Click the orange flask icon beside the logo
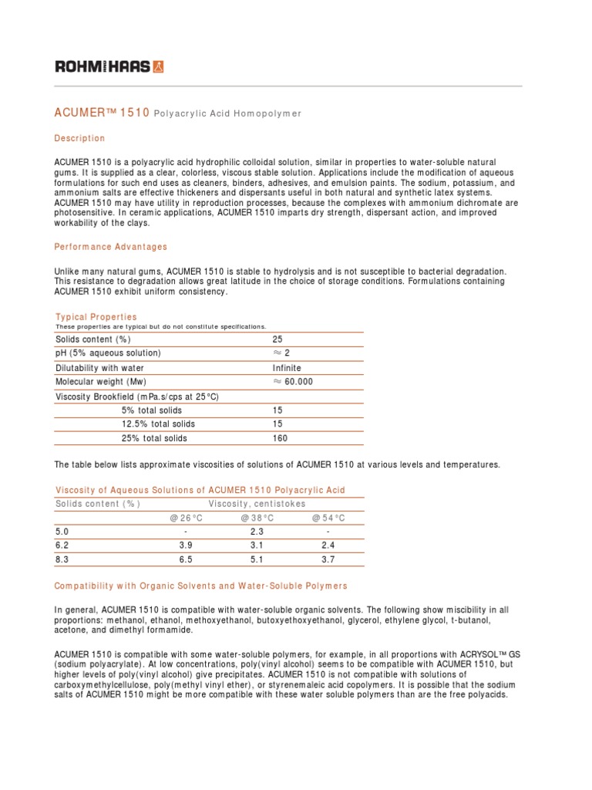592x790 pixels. pos(158,66)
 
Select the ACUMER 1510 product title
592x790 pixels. pos(101,113)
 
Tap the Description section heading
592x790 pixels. pos(79,138)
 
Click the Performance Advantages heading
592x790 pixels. pos(110,247)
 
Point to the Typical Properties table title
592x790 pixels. pos(96,317)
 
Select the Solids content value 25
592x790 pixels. pos(277,339)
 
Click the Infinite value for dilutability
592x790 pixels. pos(287,368)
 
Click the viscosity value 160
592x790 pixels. pos(280,438)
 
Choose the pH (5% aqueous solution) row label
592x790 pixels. pos(108,353)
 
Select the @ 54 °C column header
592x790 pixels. pos(328,518)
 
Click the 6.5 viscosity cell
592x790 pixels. pos(184,559)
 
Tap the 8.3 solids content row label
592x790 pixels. pos(62,559)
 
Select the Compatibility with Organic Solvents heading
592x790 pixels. pos(200,586)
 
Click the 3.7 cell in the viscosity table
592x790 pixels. pos(328,559)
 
